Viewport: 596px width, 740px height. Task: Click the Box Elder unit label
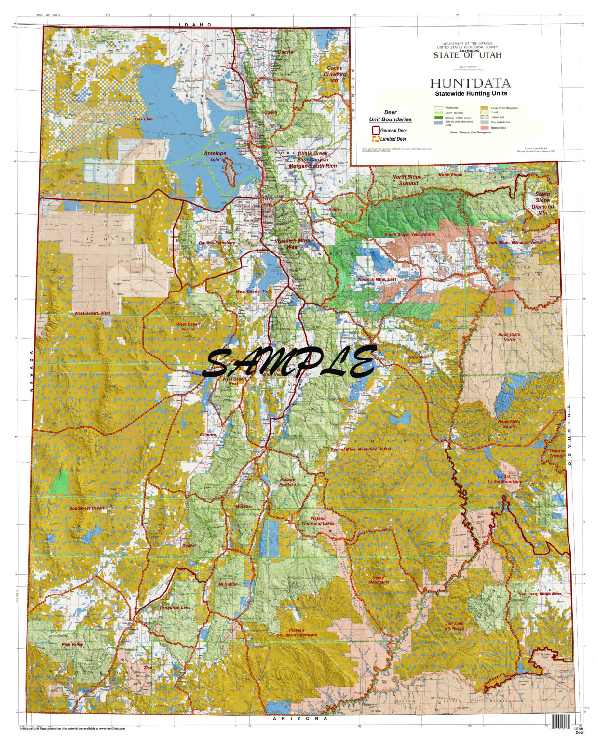tap(145, 119)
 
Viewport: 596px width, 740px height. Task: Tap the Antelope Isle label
tap(215, 157)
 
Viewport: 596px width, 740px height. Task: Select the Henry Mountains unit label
tap(379, 580)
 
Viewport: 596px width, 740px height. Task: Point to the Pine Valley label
tap(72, 644)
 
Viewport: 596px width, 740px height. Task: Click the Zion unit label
tap(148, 668)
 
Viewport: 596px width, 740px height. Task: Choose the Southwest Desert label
tap(87, 508)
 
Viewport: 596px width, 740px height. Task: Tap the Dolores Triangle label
tap(557, 453)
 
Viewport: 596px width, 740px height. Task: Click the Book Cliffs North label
tap(509, 337)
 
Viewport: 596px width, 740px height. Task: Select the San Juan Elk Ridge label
tap(454, 626)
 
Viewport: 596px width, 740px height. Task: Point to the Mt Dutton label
tap(228, 584)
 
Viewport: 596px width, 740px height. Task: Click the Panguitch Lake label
tap(175, 608)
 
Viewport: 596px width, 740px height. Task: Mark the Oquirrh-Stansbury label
tap(217, 243)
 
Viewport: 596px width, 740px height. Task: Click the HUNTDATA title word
tap(470, 84)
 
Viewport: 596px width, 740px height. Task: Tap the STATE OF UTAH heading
tap(467, 55)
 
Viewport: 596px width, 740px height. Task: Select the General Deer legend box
tap(375, 130)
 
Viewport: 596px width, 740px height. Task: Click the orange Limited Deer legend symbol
tap(375, 139)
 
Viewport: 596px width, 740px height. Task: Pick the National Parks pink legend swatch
tap(484, 128)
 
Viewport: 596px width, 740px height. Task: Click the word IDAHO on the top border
tap(195, 24)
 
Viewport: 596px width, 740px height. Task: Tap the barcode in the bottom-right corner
tap(561, 721)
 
